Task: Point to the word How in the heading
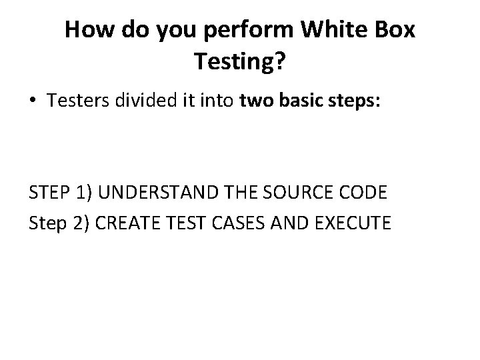point(89,30)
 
